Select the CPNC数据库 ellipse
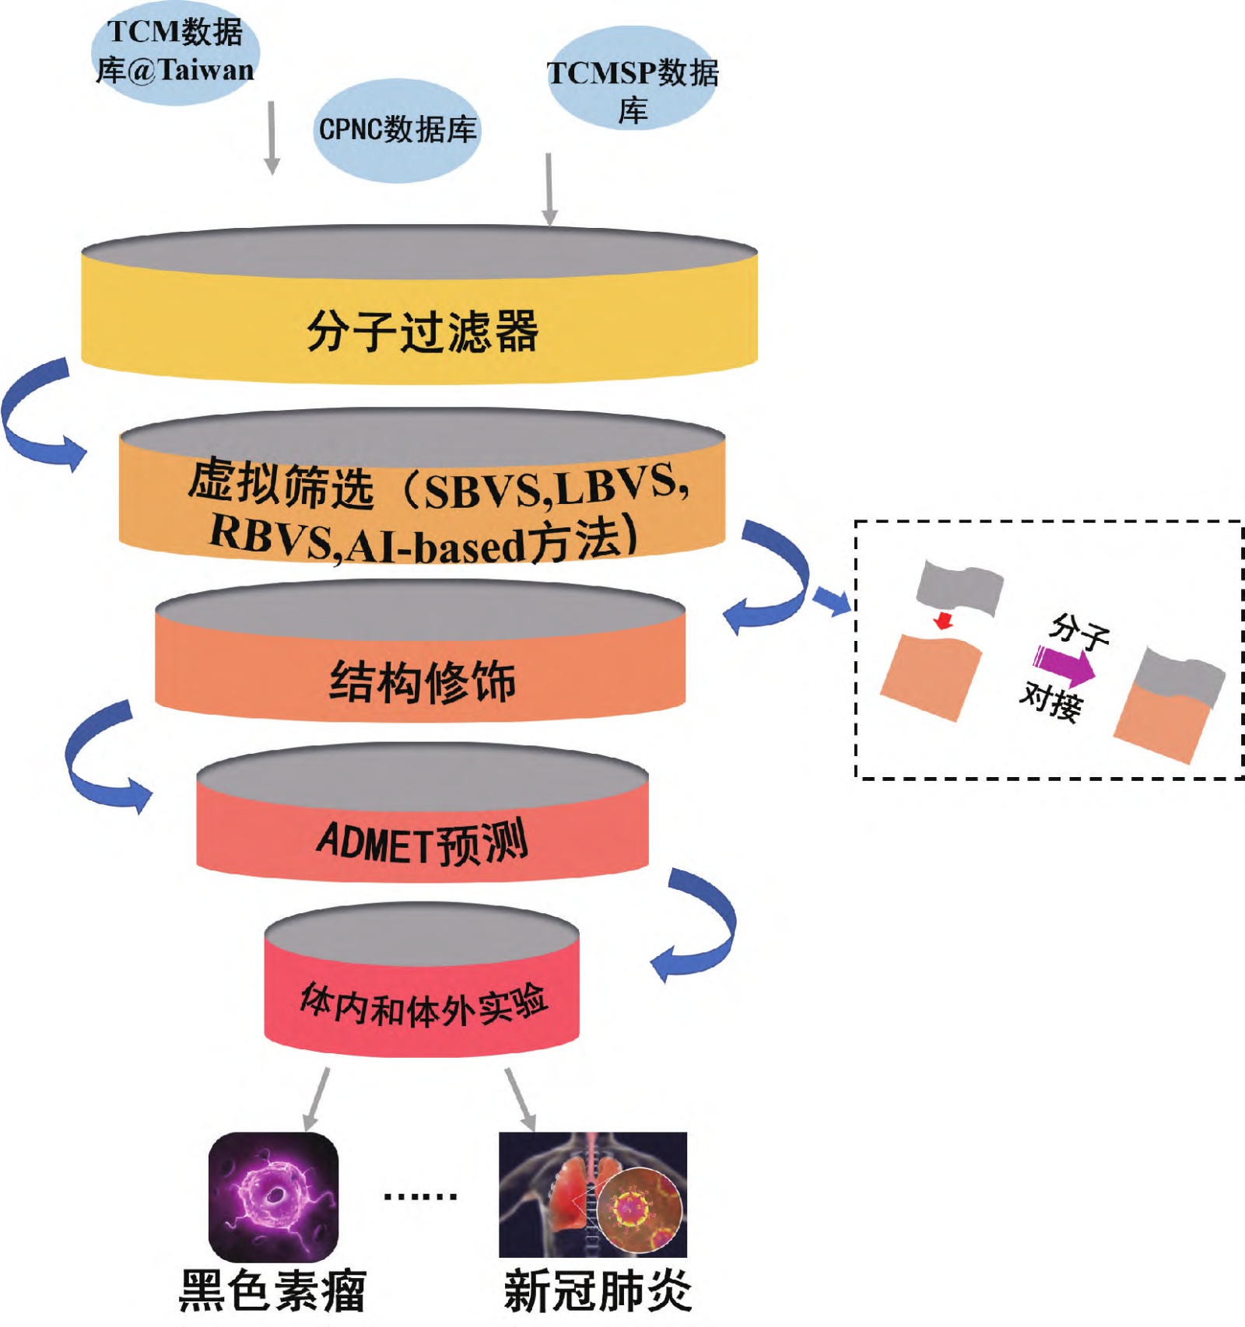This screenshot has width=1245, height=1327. [398, 130]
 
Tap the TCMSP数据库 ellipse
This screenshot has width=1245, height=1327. [633, 81]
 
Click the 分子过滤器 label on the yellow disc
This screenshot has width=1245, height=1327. [423, 331]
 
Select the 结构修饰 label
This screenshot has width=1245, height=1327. [423, 682]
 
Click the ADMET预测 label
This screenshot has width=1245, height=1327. [423, 842]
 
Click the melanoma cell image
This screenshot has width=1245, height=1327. [273, 1196]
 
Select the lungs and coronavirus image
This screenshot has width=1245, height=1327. [593, 1195]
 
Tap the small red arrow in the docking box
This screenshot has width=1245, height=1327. [944, 621]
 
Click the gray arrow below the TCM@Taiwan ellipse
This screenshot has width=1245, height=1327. [272, 138]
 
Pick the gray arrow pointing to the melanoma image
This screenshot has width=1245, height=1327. [316, 1099]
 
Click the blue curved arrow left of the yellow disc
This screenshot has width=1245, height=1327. [39, 416]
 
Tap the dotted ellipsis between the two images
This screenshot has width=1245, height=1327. [420, 1196]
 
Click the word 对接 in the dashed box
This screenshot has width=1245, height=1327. [1051, 701]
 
